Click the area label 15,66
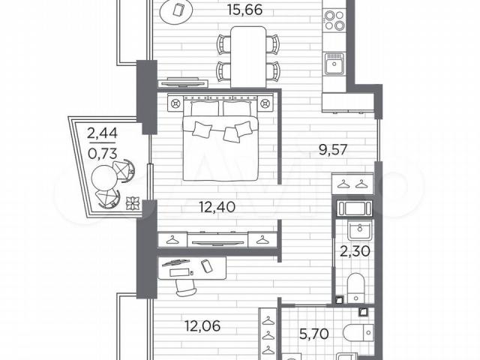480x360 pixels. pyautogui.click(x=245, y=10)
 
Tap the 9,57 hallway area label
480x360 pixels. pyautogui.click(x=333, y=150)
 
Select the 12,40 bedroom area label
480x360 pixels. pyautogui.click(x=217, y=207)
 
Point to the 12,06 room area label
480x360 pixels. pyautogui.click(x=202, y=326)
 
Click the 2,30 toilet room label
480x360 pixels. pyautogui.click(x=355, y=251)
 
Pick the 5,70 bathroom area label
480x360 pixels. pyautogui.click(x=314, y=333)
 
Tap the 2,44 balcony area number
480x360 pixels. pyautogui.click(x=102, y=133)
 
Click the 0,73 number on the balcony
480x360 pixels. pyautogui.click(x=102, y=153)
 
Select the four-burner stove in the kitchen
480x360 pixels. pyautogui.click(x=334, y=20)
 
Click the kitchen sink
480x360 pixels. pyautogui.click(x=334, y=64)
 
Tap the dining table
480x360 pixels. pyautogui.click(x=248, y=57)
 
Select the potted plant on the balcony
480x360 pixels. pyautogui.click(x=133, y=203)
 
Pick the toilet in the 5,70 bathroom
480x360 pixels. pyautogui.click(x=358, y=333)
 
